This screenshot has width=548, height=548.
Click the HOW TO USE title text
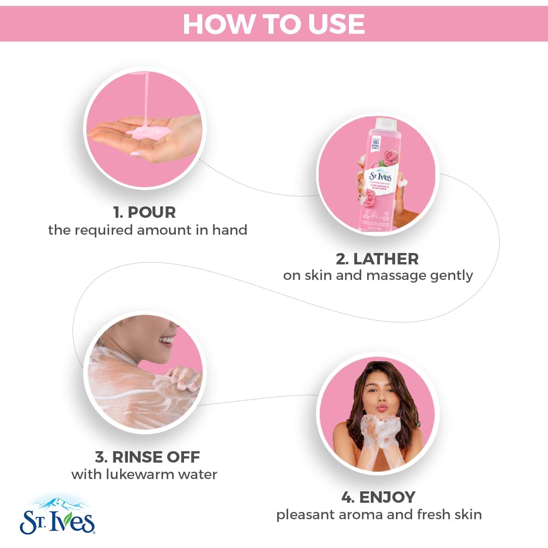tap(274, 24)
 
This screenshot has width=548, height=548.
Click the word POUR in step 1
tap(152, 212)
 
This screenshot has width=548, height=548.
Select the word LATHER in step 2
tap(386, 259)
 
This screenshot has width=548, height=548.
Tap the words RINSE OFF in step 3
tap(156, 457)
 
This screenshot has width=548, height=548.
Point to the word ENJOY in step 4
tap(387, 497)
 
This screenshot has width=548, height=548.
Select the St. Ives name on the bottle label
tap(380, 176)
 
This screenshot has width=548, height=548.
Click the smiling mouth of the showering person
tap(167, 340)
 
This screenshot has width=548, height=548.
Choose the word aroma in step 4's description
tap(357, 515)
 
